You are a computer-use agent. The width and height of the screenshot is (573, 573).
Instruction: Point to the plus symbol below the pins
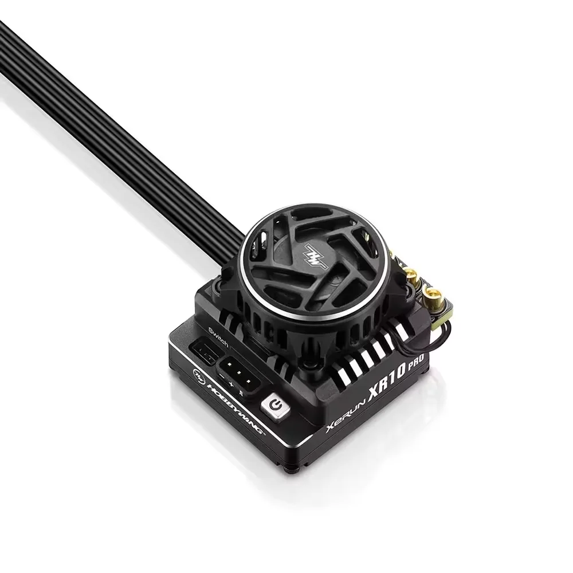point(231,386)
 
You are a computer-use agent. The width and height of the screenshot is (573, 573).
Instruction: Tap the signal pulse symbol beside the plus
point(242,394)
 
